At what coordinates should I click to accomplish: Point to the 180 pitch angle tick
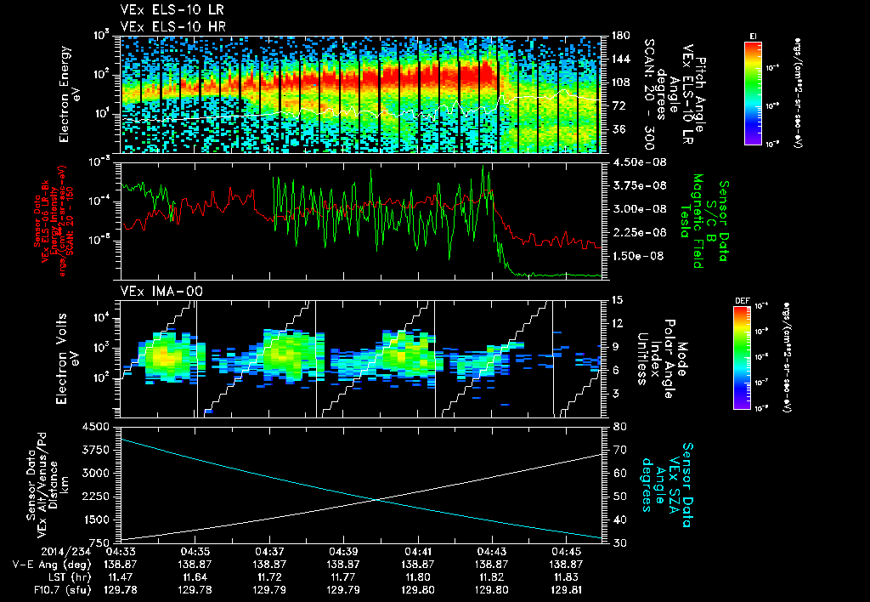tap(619, 36)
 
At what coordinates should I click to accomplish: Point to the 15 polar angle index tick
tap(618, 300)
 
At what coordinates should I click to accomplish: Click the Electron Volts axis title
tap(62, 357)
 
